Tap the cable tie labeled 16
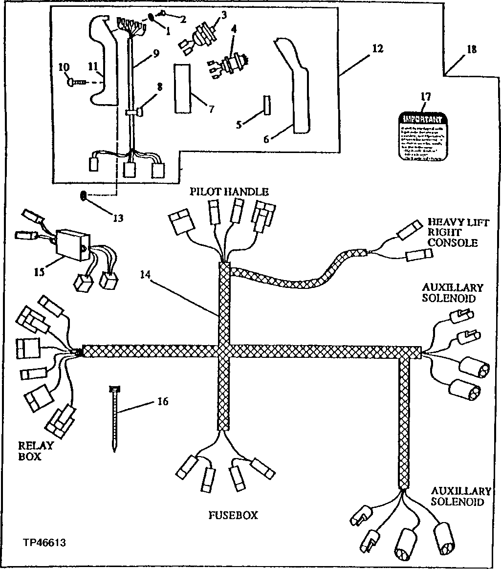coord(114,418)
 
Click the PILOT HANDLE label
coord(229,191)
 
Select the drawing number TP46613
coord(44,543)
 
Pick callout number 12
coord(377,48)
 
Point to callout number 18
coord(471,49)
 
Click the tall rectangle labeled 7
coord(182,88)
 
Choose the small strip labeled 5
coord(266,105)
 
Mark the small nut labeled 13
coord(83,196)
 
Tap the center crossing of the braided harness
coord(223,351)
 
